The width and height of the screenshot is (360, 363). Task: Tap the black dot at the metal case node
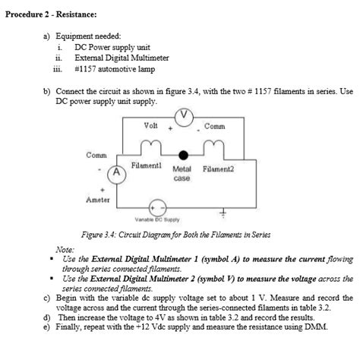[x=182, y=154]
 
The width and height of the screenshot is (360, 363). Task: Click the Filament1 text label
[x=145, y=165]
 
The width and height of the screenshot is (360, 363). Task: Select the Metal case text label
[x=182, y=174]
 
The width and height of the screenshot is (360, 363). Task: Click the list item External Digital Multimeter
[x=122, y=57]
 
